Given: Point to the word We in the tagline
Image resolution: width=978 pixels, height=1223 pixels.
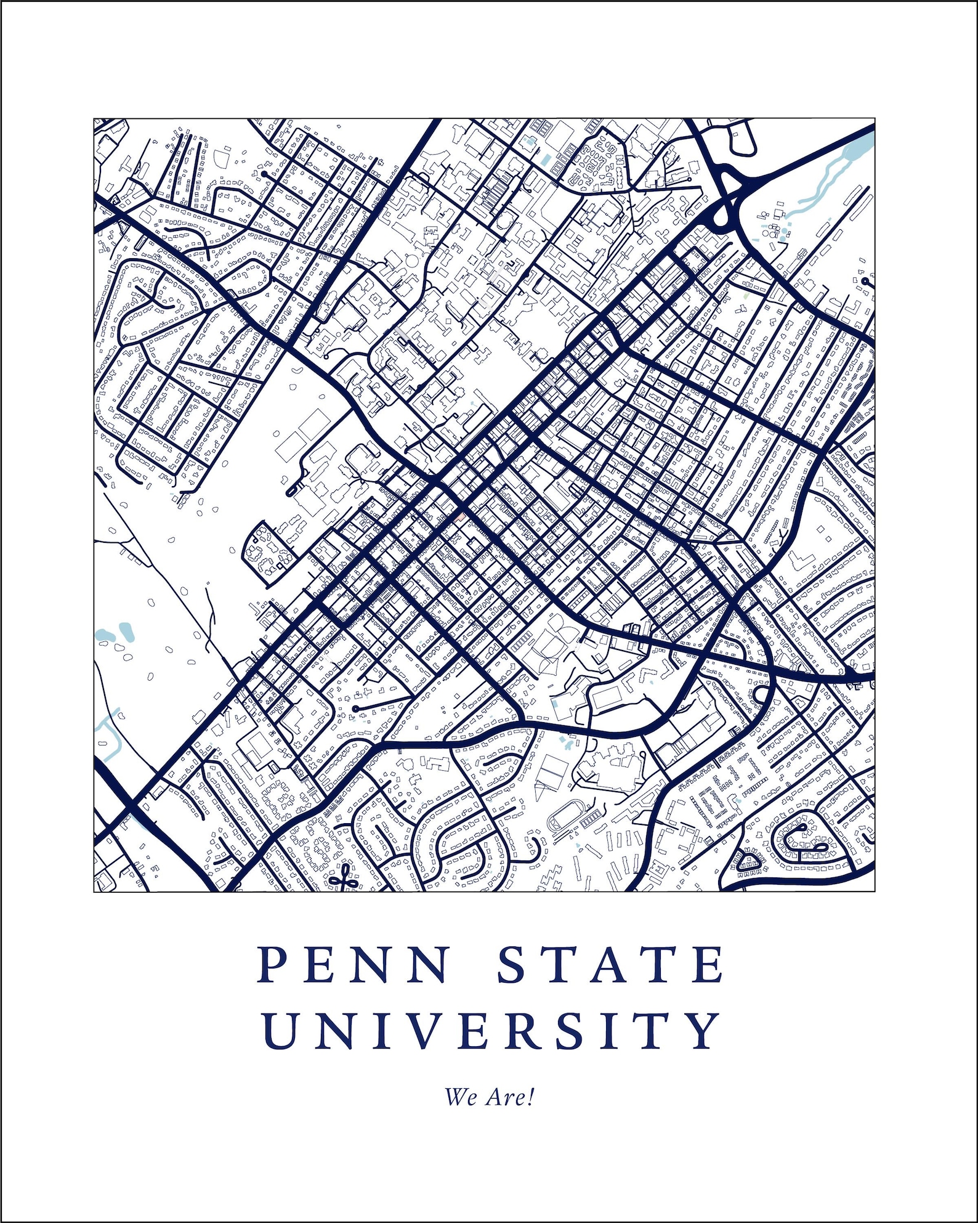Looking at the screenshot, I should (x=459, y=1097).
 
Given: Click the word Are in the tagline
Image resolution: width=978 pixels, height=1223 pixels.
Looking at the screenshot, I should (x=505, y=1097).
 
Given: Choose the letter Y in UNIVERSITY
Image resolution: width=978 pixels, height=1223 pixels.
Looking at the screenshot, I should (x=702, y=1030).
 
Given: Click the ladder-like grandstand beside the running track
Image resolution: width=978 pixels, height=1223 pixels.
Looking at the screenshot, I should (x=593, y=818).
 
